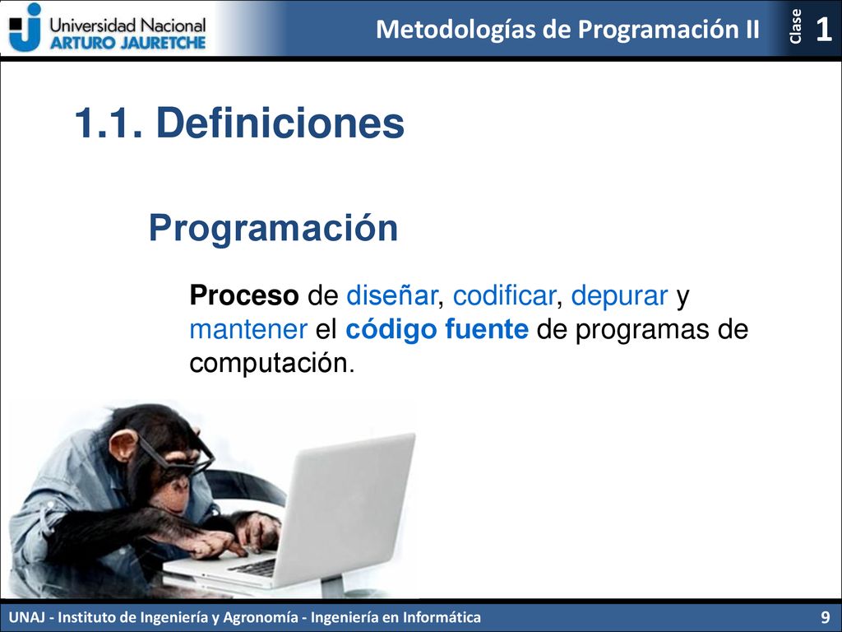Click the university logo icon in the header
point(25,27)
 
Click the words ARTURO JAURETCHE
point(127,43)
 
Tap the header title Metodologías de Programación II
point(567,29)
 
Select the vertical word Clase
point(795,26)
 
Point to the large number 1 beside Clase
point(823,29)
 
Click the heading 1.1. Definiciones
point(239,123)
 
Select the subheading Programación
point(273,229)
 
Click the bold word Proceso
point(243,295)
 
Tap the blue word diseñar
point(391,295)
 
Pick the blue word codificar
point(504,295)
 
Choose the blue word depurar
point(619,296)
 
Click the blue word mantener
point(248,329)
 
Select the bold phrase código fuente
point(437,330)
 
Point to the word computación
point(271,364)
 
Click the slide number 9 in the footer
point(826,616)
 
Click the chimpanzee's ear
point(123,445)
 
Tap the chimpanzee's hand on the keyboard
point(217,544)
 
